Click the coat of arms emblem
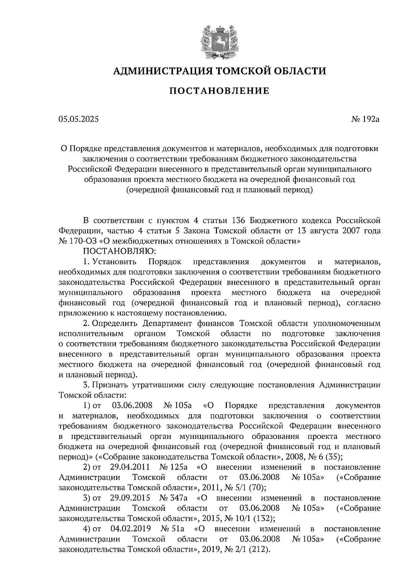(x=219, y=40)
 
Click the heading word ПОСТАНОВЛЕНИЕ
(x=219, y=91)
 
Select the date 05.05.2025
(x=78, y=119)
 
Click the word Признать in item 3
(x=110, y=385)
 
